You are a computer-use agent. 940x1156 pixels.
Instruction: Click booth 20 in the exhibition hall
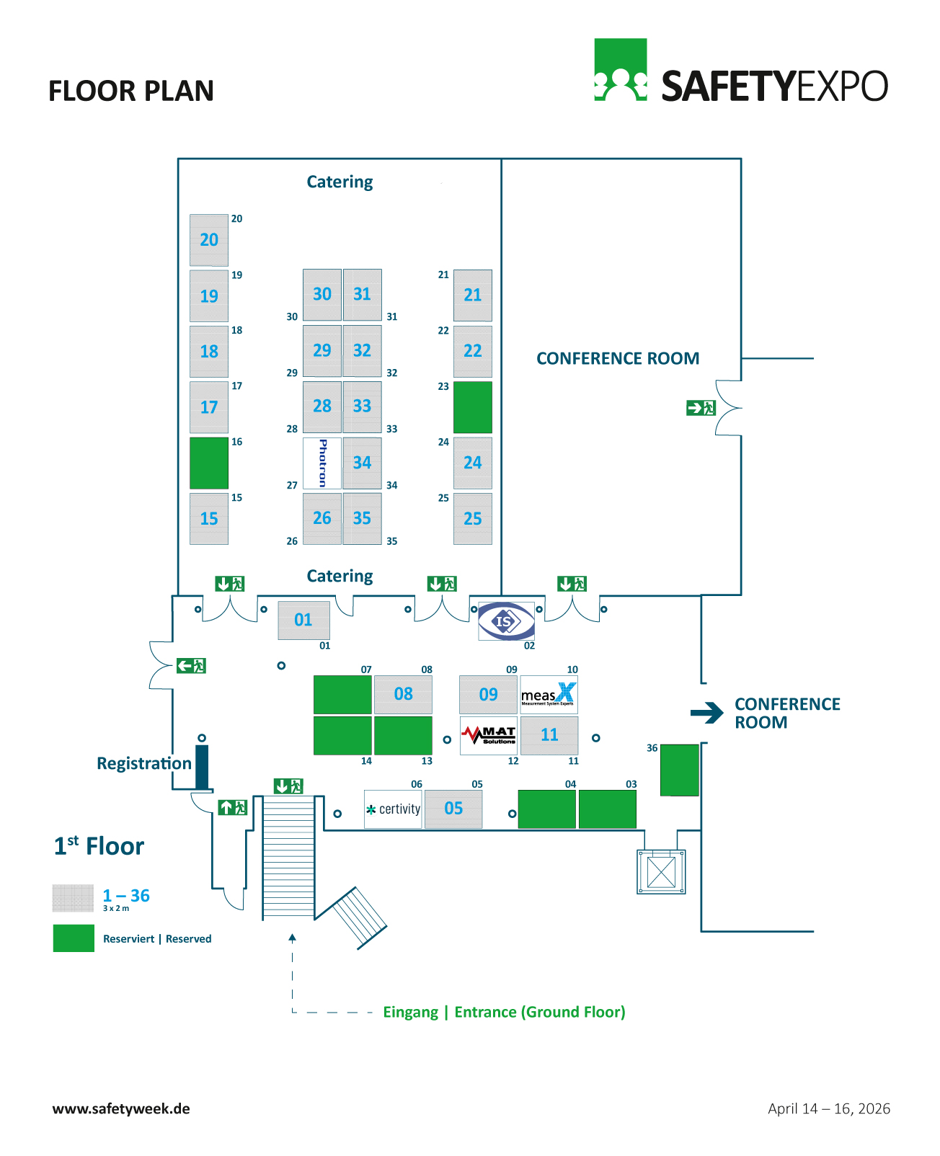click(x=209, y=240)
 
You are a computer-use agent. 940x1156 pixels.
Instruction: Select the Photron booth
click(x=322, y=463)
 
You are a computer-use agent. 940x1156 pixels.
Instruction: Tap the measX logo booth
click(x=549, y=694)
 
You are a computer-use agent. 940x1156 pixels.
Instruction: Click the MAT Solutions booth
click(x=489, y=735)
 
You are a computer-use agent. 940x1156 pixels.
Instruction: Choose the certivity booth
click(x=393, y=809)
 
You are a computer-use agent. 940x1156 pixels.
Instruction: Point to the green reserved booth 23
click(x=473, y=407)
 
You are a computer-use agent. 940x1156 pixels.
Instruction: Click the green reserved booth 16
click(x=209, y=463)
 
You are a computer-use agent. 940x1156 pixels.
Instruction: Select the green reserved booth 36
click(x=680, y=770)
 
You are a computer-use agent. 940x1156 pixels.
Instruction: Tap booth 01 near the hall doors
click(x=303, y=620)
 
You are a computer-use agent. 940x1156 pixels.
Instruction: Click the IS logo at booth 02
click(x=507, y=621)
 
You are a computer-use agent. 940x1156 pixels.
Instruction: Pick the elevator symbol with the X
click(x=661, y=872)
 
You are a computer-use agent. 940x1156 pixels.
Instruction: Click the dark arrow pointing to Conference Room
click(x=707, y=713)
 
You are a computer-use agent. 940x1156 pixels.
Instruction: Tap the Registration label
click(x=144, y=763)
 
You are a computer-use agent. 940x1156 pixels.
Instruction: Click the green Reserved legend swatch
click(x=74, y=938)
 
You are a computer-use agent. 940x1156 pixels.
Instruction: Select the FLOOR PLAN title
click(x=131, y=92)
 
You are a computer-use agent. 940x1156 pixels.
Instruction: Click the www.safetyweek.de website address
click(x=121, y=1108)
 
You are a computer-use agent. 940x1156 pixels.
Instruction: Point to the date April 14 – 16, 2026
click(x=829, y=1108)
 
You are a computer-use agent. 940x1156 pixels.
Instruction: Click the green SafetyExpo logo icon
click(x=620, y=70)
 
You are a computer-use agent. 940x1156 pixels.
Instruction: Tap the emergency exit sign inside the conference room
click(x=701, y=408)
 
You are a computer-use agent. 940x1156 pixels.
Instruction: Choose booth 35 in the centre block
click(x=362, y=518)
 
